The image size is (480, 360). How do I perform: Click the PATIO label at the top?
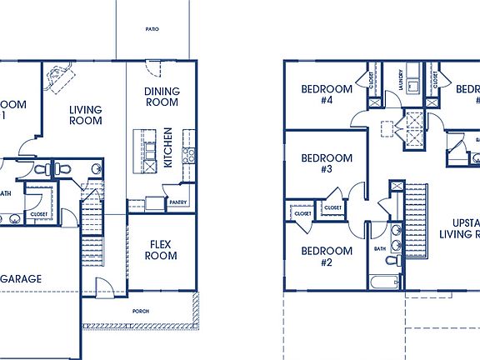[x=152, y=29]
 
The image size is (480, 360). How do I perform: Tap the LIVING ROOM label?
[x=85, y=115]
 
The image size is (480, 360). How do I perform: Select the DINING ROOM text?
[x=162, y=97]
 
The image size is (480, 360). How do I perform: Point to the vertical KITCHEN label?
[x=168, y=147]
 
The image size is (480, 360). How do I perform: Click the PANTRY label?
[x=178, y=202]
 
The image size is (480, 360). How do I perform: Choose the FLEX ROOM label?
[x=162, y=250]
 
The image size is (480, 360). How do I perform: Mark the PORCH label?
[x=141, y=311]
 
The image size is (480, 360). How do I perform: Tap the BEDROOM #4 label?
[x=327, y=94]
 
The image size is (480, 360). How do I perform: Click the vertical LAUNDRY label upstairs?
[x=401, y=80]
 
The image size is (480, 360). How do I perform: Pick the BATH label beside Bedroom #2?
[x=380, y=248]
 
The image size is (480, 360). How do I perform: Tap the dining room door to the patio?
[x=152, y=69]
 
